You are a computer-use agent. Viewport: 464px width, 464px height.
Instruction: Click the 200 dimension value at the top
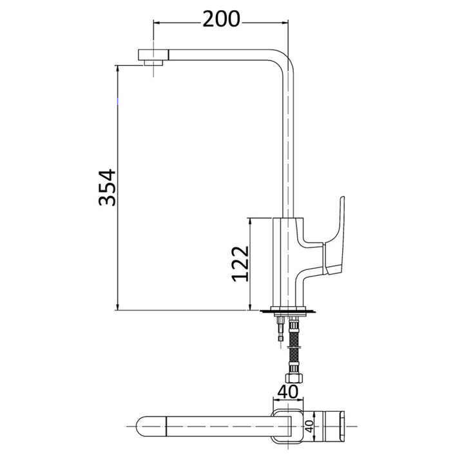[x=221, y=19]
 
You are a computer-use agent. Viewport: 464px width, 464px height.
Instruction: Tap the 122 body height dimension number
[x=239, y=264]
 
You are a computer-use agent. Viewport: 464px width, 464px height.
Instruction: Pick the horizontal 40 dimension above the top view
[x=287, y=391]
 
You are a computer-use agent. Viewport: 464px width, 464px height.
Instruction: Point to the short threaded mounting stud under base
[x=280, y=328]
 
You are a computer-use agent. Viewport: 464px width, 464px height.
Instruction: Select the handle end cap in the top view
[x=341, y=427]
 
